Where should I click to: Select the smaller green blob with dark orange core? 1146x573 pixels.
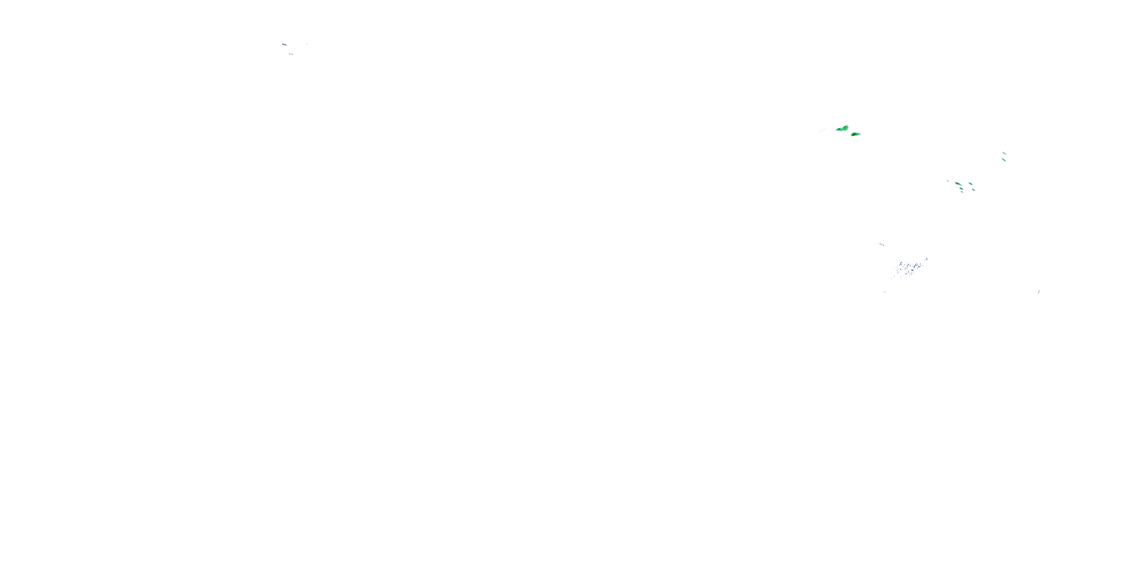[855, 134]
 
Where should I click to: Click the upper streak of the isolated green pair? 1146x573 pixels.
[1004, 154]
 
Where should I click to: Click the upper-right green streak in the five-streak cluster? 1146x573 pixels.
[970, 184]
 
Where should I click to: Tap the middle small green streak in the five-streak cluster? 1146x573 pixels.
[961, 189]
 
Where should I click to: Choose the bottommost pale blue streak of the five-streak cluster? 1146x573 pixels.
[962, 192]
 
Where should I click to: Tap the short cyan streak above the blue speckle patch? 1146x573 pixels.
[881, 244]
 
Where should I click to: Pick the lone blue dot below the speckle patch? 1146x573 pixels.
[884, 292]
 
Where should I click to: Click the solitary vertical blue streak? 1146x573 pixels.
[1038, 292]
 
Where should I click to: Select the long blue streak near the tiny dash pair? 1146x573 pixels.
[284, 44]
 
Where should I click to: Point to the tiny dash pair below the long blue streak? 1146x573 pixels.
[291, 54]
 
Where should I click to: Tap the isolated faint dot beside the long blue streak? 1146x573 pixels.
[306, 44]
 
